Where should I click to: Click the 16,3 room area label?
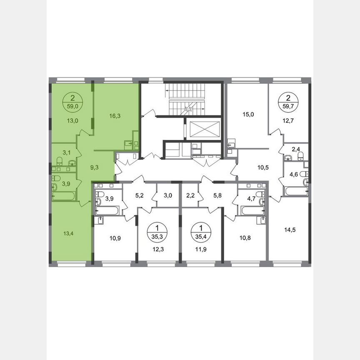(116, 117)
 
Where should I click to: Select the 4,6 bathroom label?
(294, 175)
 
